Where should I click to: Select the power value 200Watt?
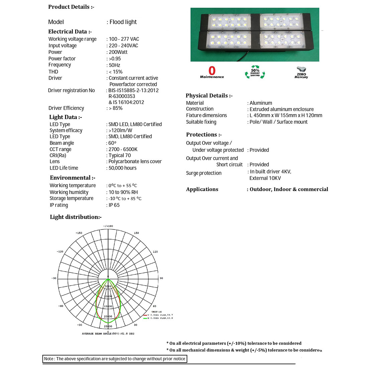[x=118, y=52]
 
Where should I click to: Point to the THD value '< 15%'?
[x=115, y=72]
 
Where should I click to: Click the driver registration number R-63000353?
[x=122, y=96]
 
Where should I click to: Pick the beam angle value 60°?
[x=112, y=143]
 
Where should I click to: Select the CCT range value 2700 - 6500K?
[x=123, y=150]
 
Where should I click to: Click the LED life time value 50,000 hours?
[x=122, y=168]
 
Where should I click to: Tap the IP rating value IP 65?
[x=114, y=205]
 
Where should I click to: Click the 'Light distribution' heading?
[x=76, y=217]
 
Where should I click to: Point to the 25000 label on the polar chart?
[x=108, y=326]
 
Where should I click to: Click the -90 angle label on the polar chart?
[x=54, y=278]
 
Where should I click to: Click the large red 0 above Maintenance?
[x=212, y=71]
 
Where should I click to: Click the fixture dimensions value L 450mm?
[x=286, y=115]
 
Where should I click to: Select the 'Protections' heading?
[x=204, y=135]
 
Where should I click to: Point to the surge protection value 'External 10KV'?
[x=265, y=178]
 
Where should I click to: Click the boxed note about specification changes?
[x=114, y=359]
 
